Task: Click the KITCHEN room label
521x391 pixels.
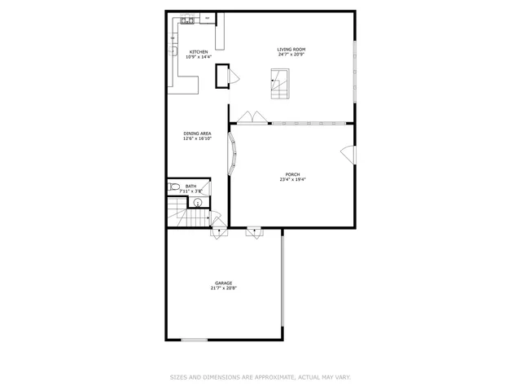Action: click(x=198, y=52)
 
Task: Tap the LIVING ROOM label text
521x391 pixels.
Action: click(x=291, y=50)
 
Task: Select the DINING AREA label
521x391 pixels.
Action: click(x=197, y=134)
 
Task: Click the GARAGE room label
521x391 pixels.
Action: click(x=223, y=283)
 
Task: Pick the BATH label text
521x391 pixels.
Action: click(x=190, y=187)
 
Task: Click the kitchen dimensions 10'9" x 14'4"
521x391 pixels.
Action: click(x=198, y=57)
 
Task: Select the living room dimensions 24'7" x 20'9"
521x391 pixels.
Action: click(x=291, y=55)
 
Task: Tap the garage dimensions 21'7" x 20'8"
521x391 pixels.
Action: click(x=223, y=288)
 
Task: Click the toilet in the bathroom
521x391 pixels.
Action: click(x=173, y=189)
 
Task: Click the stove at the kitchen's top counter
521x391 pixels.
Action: click(x=208, y=17)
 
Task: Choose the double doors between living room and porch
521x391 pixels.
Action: click(x=253, y=118)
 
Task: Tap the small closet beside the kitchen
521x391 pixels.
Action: click(x=221, y=77)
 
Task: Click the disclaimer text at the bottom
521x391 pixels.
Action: click(x=260, y=377)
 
